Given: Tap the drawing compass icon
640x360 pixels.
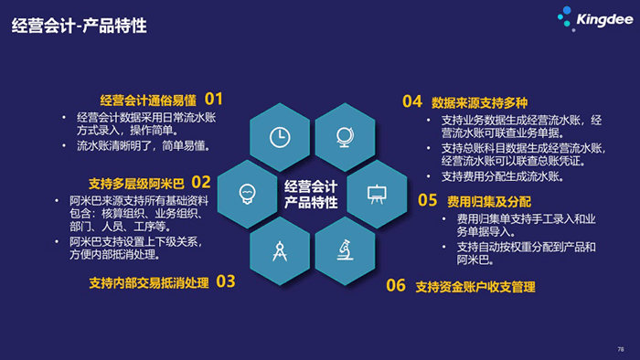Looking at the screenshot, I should click(279, 249).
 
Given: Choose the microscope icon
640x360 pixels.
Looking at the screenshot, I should click(345, 249).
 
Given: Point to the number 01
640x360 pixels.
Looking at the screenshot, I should click(214, 98).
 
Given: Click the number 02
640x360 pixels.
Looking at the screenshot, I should click(201, 181).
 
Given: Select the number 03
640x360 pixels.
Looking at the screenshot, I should click(226, 281).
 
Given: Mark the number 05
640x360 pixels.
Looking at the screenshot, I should click(427, 199).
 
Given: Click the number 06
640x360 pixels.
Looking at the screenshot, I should click(395, 285).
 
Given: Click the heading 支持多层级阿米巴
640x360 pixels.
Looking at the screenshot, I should click(136, 183).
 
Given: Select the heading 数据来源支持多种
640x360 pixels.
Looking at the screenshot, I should click(480, 101).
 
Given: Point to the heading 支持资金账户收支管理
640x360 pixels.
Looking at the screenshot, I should click(475, 287).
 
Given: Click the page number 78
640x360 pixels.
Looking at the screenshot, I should click(621, 348).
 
